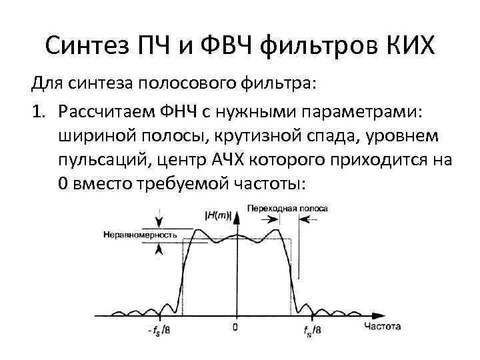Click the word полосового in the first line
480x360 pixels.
[181, 85]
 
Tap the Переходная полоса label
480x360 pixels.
[287, 208]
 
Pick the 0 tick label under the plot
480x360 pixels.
[235, 327]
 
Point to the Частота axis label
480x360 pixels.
[383, 327]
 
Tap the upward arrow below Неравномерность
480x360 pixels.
[159, 250]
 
